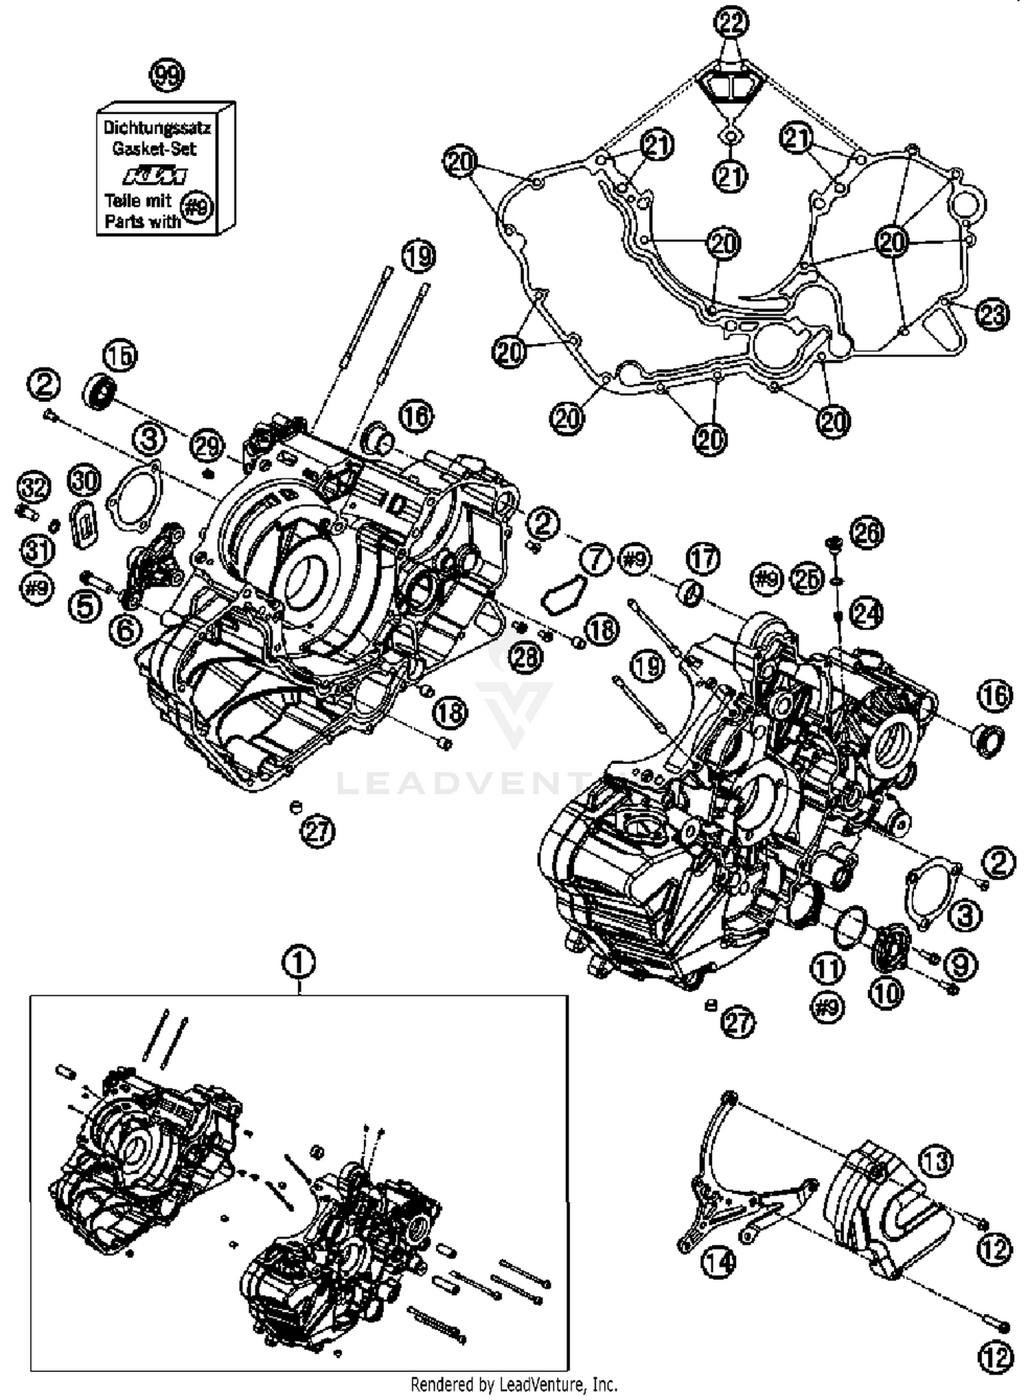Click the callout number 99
(x=167, y=76)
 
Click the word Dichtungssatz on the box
(x=157, y=128)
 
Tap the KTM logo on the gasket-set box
(x=155, y=177)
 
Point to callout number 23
(x=992, y=315)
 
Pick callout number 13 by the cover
(x=937, y=1160)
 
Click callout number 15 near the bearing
(x=119, y=356)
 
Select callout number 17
(x=702, y=558)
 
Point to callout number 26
(x=867, y=532)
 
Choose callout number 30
(x=84, y=481)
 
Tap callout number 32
(x=34, y=488)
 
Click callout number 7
(x=595, y=559)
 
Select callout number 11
(x=827, y=969)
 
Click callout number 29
(x=207, y=447)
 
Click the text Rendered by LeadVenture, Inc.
(x=514, y=1384)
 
